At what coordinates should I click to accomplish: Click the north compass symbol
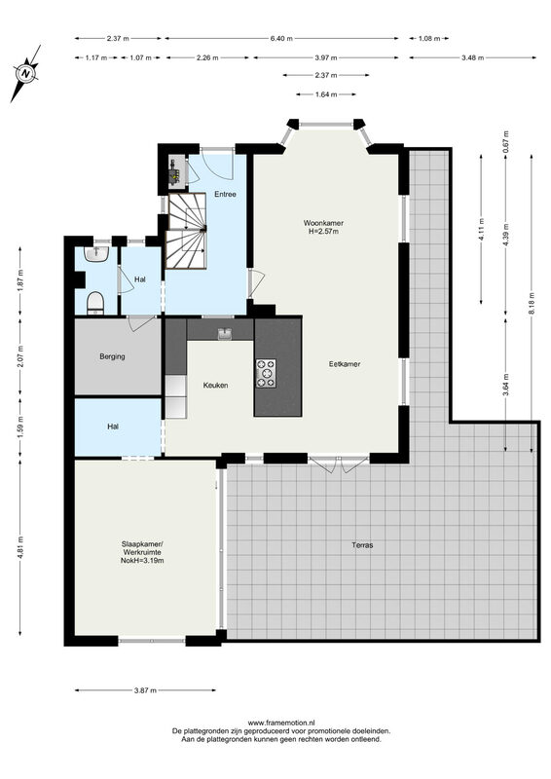tap(26, 74)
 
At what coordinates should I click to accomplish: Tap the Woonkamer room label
tap(323, 223)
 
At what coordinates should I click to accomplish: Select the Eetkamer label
tap(345, 364)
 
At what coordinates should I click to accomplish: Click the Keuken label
tap(216, 385)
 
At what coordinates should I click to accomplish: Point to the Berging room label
tap(112, 356)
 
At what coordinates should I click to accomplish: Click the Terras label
tap(362, 545)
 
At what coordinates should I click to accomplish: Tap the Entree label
tap(225, 194)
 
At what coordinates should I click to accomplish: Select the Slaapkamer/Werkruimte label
tap(142, 548)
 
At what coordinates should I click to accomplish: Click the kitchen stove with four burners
tap(266, 373)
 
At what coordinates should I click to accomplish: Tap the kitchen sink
tap(226, 333)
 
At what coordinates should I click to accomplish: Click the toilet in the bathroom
tap(95, 304)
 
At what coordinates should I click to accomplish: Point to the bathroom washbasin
tap(97, 254)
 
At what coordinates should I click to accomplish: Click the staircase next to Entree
tap(186, 231)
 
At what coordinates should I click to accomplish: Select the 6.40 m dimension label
tap(281, 38)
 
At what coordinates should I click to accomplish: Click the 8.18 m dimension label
tap(532, 303)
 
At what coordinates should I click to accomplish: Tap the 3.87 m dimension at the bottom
tap(145, 690)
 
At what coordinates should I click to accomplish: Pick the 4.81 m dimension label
tap(19, 548)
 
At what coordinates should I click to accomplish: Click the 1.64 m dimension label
tap(326, 94)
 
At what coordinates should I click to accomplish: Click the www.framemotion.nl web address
tap(281, 723)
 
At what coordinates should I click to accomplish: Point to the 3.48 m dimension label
tap(472, 57)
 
